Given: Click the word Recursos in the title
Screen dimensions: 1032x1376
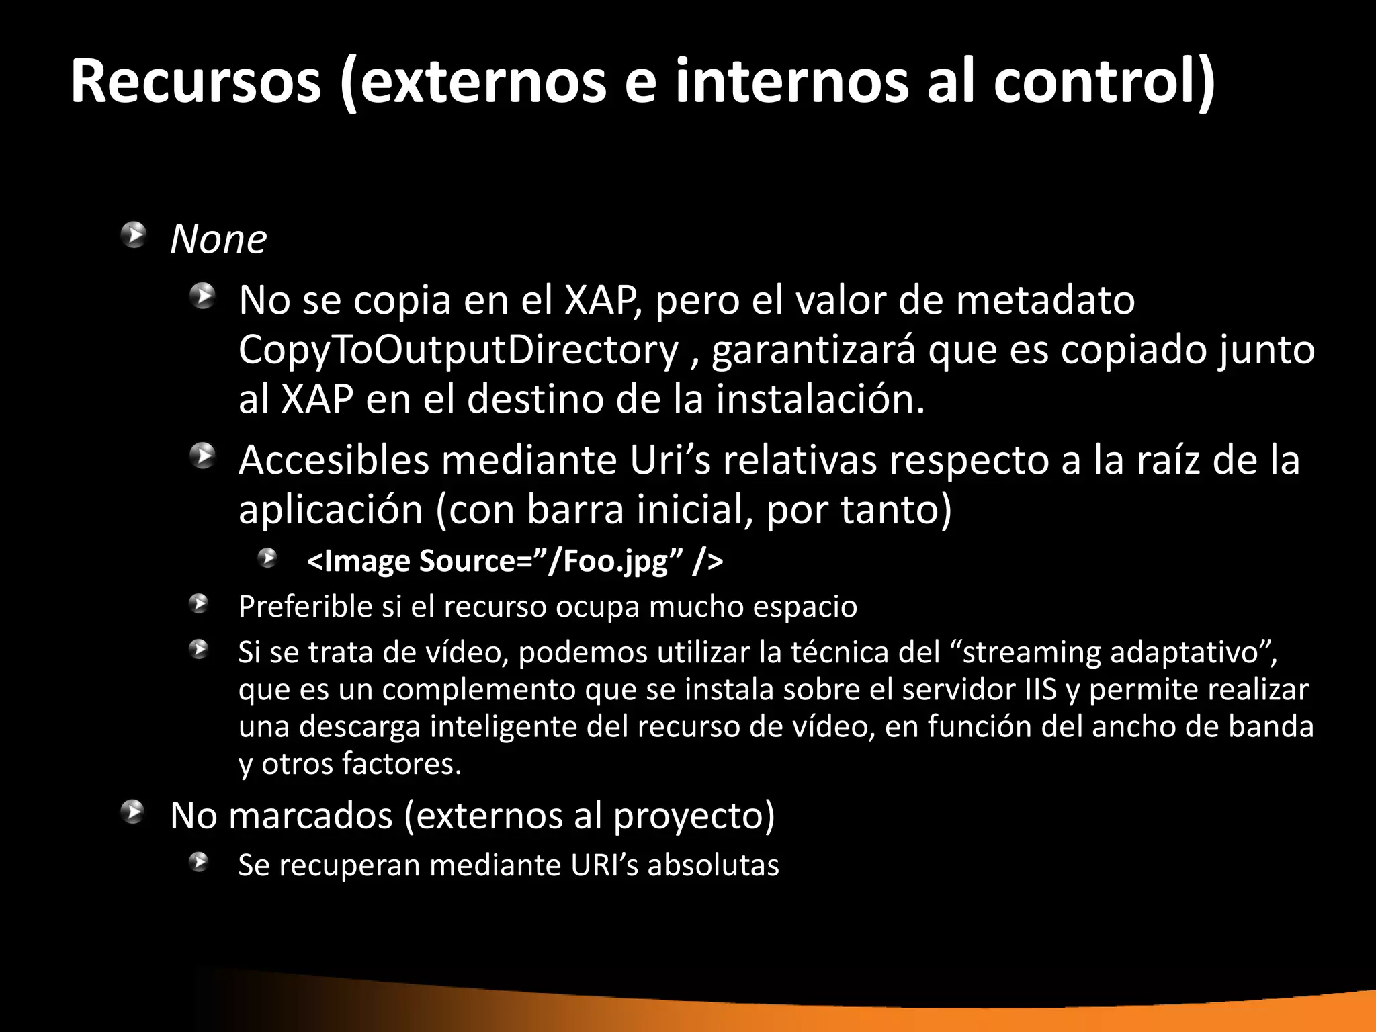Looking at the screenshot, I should pyautogui.click(x=196, y=82).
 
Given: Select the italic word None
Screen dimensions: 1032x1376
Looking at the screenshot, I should pyautogui.click(x=218, y=239).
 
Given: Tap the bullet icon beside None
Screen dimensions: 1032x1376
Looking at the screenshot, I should pyautogui.click(x=134, y=236).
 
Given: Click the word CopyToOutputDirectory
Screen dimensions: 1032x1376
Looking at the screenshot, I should pyautogui.click(x=458, y=350).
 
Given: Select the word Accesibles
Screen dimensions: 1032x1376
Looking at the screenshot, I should pyautogui.click(x=334, y=461).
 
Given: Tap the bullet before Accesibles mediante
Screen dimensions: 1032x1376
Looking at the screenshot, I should pyautogui.click(x=202, y=456).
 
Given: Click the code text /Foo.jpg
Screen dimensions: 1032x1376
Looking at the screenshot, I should pyautogui.click(x=609, y=561).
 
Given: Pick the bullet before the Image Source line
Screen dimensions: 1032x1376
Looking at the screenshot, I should pyautogui.click(x=269, y=558).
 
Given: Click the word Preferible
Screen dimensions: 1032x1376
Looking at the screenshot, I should pyautogui.click(x=306, y=607).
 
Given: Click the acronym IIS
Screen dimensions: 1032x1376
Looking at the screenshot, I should pyautogui.click(x=1041, y=690).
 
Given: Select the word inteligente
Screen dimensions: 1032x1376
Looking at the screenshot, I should pyautogui.click(x=504, y=727).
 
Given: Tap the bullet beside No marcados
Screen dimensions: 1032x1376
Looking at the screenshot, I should pyautogui.click(x=134, y=812).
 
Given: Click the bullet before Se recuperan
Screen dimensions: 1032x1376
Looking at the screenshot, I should pyautogui.click(x=199, y=862).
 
